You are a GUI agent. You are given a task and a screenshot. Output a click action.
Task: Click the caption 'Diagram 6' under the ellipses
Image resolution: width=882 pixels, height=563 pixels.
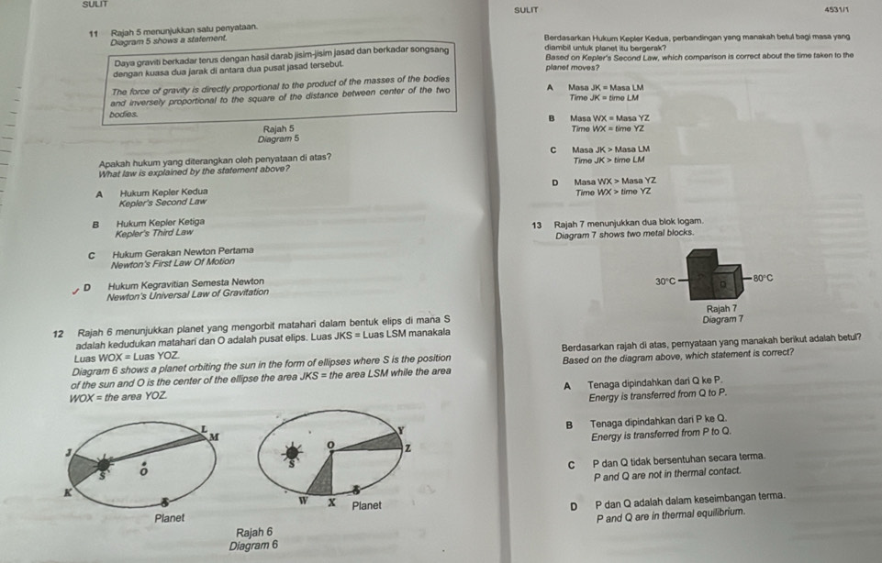coord(254,546)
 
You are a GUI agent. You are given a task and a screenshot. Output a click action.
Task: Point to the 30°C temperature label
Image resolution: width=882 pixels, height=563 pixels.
coord(665,281)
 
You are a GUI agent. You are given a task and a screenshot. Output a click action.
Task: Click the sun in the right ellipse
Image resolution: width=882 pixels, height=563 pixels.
coord(295,453)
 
